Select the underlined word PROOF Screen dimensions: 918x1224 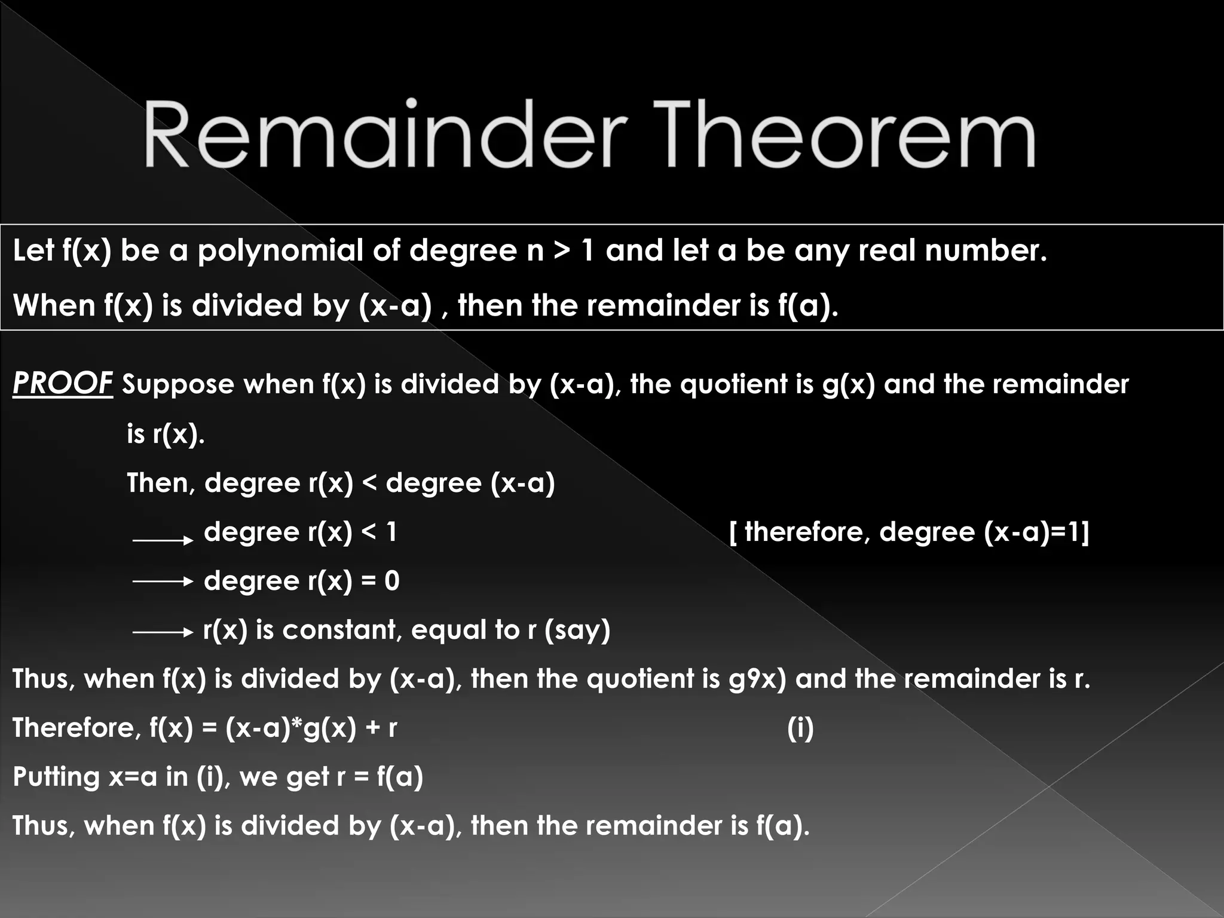click(62, 383)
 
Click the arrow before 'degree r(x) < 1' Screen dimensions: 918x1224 click(163, 540)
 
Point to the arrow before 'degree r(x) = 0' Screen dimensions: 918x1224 click(163, 581)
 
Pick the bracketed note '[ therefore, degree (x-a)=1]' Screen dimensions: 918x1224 click(909, 532)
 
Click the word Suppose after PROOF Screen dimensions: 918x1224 click(178, 385)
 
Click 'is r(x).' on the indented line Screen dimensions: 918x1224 click(166, 434)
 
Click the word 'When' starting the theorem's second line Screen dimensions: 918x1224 click(54, 306)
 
